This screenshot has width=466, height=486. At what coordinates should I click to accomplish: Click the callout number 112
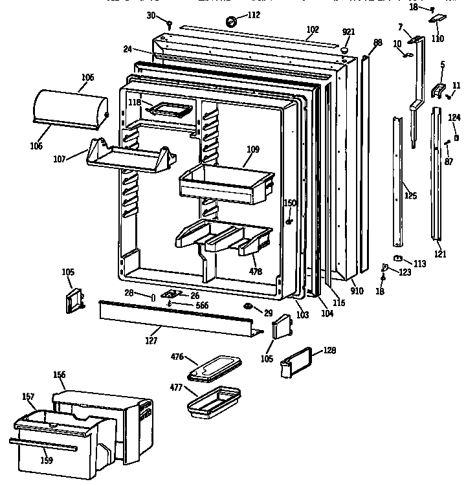coord(253,16)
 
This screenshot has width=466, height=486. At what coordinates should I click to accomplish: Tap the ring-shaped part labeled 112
coord(230,23)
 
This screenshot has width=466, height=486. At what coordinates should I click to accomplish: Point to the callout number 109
coord(252,149)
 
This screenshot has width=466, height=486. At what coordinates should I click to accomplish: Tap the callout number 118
coord(134,102)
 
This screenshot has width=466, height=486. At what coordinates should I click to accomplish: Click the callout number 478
coord(256,272)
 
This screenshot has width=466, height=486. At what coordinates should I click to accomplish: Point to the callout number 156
coord(60,375)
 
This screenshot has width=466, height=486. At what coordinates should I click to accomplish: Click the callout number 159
coord(46,461)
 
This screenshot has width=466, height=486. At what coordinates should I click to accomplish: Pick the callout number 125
coord(410,195)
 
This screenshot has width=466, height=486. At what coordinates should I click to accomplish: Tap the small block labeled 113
coord(397,260)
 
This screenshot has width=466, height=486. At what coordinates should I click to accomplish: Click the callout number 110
coord(438,38)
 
